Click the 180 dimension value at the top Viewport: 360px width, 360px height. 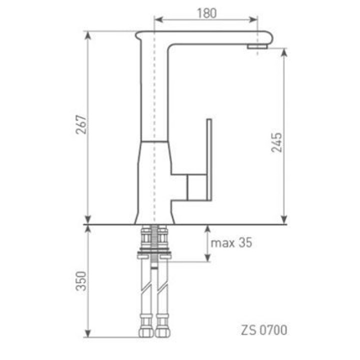click(206, 13)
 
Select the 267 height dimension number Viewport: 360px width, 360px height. click(81, 124)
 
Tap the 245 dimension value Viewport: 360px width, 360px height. click(276, 142)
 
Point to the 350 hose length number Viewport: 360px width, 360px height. click(81, 281)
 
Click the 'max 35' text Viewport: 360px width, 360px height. click(231, 243)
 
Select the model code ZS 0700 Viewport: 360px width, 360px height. click(264, 330)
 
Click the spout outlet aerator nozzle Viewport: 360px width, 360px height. click(257, 46)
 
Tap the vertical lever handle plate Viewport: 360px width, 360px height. click(209, 159)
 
